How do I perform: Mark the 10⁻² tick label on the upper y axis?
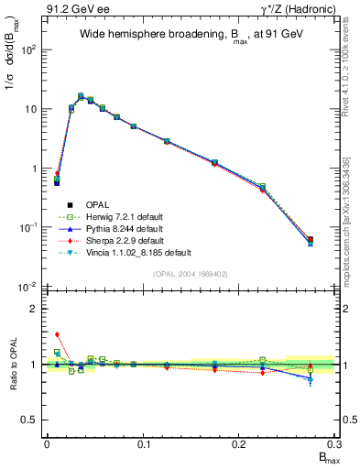[29, 287]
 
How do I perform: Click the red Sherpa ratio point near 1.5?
[57, 335]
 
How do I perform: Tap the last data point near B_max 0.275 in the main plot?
[310, 240]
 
